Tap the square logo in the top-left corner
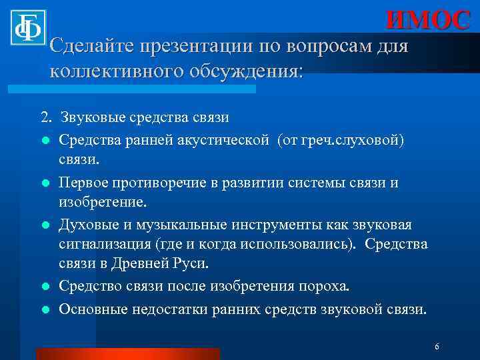[27, 27]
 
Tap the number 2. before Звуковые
[45, 118]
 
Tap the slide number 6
[436, 347]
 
